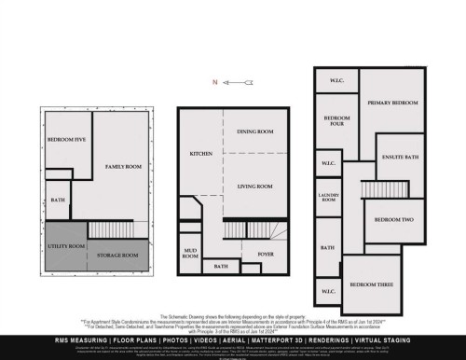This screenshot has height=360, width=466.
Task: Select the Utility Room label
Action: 65,246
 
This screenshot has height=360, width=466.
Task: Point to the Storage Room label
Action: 118,255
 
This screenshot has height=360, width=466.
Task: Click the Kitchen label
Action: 201,153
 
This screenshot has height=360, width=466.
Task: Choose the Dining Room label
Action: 254,132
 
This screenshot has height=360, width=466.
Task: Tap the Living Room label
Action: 254,187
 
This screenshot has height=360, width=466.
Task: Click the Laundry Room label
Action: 328,199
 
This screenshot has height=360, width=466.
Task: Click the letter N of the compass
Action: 216,82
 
